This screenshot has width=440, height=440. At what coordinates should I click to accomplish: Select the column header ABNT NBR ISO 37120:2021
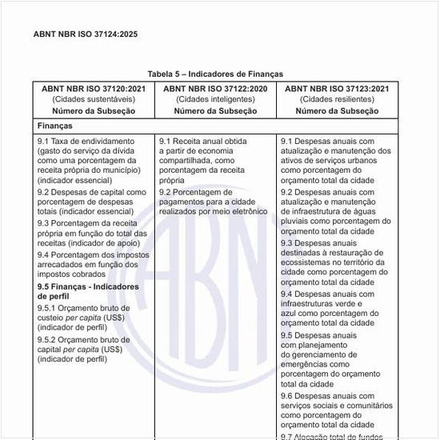[x=94, y=88]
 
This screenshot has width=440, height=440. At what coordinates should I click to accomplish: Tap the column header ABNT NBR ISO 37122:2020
[x=215, y=88]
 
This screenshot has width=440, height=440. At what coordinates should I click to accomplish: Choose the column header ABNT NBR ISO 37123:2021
[x=337, y=88]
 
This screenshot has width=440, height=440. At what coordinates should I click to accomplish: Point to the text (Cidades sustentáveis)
[x=94, y=99]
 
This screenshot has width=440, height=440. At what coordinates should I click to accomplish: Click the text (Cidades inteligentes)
[x=215, y=99]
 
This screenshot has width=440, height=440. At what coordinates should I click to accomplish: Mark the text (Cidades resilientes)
[x=337, y=99]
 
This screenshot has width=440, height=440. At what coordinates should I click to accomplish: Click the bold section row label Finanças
[x=55, y=126]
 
